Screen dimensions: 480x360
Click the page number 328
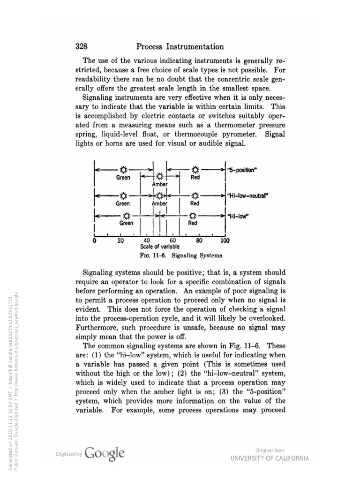pyautogui.click(x=82, y=46)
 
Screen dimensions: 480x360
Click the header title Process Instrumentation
pyautogui.click(x=180, y=46)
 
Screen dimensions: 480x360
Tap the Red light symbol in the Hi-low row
pyautogui.click(x=193, y=216)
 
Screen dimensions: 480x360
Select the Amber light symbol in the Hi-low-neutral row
pyautogui.click(x=160, y=195)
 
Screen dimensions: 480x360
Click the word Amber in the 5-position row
pyautogui.click(x=160, y=185)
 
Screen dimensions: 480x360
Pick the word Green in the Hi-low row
pyautogui.click(x=126, y=224)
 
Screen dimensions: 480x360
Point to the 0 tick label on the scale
pyautogui.click(x=95, y=241)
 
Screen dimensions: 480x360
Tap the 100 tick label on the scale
pyautogui.click(x=225, y=241)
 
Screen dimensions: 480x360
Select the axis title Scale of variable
pyautogui.click(x=159, y=247)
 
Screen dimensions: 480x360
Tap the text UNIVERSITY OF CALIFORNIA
pyautogui.click(x=270, y=458)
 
